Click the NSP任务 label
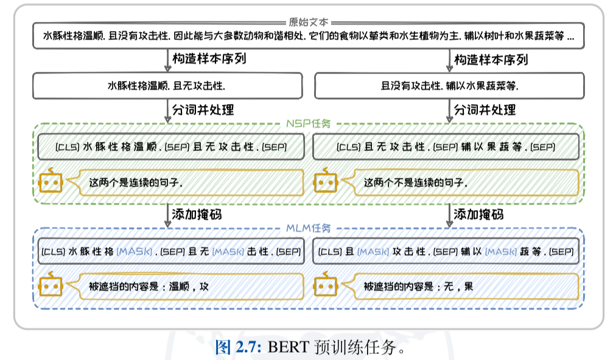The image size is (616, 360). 308,124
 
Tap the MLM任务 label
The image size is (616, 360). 308,228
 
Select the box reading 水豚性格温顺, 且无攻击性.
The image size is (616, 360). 167,86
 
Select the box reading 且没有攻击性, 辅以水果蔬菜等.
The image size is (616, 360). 449,86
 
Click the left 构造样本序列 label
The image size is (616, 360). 209,60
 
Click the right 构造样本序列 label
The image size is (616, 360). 491,60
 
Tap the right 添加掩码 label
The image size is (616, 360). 478,214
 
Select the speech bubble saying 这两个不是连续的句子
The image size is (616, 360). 460,182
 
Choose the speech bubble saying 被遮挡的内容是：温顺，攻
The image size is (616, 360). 186,286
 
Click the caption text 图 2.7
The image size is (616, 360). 238,348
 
